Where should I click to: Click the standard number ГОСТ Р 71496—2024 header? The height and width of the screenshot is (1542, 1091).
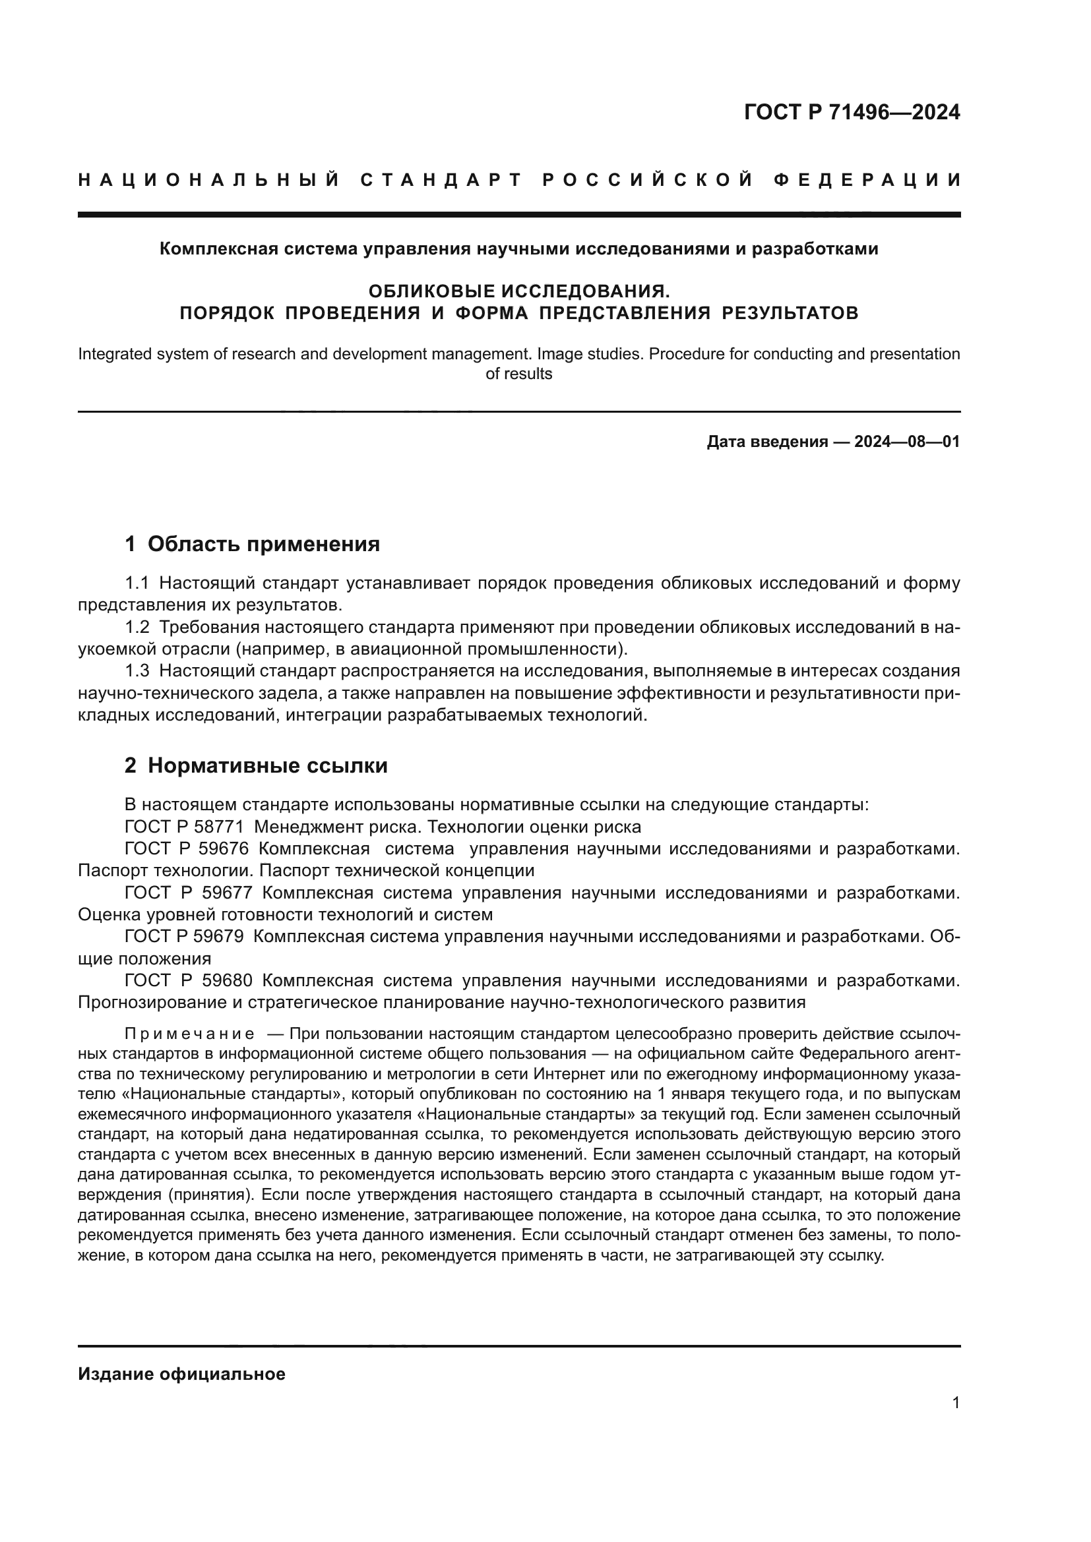852,112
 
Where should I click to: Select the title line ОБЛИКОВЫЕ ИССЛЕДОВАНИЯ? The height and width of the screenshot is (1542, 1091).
518,291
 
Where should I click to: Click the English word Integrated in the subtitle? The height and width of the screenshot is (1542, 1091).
111,354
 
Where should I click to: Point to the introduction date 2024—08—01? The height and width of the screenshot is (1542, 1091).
907,441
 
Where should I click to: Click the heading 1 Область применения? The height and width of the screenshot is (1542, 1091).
252,543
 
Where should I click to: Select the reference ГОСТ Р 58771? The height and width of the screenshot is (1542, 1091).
183,827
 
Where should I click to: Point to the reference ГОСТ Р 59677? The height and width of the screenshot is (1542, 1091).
188,893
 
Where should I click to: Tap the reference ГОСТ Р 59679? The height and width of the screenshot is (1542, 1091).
183,936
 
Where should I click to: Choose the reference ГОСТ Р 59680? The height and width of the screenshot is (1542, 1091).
188,980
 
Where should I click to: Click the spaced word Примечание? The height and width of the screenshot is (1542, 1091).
189,1034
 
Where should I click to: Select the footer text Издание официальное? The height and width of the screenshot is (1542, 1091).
181,1373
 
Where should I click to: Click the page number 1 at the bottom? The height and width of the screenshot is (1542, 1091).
956,1402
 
